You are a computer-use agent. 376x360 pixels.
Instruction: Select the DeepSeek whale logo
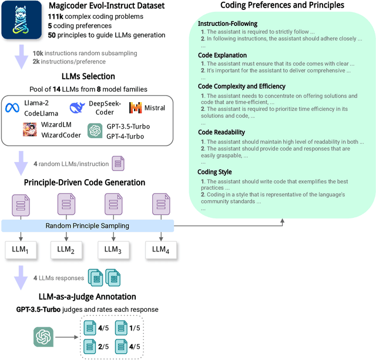77,107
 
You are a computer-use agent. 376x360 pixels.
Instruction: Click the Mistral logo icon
136,108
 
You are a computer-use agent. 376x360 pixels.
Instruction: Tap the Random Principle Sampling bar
88,226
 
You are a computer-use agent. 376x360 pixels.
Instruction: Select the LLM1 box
21,249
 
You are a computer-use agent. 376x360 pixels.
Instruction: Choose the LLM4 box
161,249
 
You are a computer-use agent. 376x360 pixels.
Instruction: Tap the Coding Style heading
215,172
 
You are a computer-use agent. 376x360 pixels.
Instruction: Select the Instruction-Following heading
227,24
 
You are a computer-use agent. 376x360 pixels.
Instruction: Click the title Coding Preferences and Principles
282,6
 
